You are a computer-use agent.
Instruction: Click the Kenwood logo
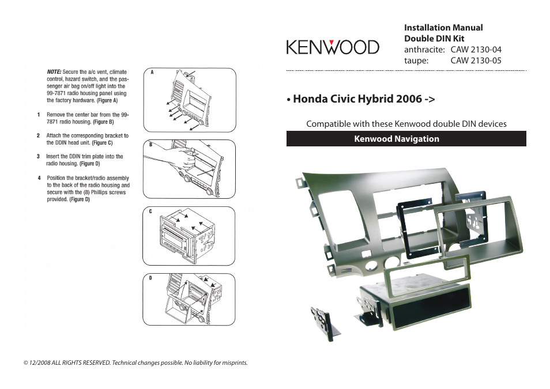(333, 47)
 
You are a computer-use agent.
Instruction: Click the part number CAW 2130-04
(476, 50)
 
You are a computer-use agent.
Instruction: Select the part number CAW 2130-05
(476, 60)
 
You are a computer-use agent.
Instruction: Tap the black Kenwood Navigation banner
(406, 139)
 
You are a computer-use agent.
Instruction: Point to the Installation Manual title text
(443, 28)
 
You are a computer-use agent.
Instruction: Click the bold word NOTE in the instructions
(54, 72)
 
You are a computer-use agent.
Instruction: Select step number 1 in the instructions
(38, 115)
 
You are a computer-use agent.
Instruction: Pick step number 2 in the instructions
(38, 136)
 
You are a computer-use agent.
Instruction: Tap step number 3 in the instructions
(38, 156)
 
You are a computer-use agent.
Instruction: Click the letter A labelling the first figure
(151, 73)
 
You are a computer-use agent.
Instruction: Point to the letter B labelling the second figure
(150, 145)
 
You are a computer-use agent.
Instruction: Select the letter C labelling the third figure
(150, 212)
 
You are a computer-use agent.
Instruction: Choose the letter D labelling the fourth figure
(150, 278)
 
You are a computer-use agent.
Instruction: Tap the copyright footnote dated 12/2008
(135, 363)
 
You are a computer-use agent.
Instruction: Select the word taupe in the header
(415, 60)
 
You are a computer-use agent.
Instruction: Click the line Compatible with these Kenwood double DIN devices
(406, 124)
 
